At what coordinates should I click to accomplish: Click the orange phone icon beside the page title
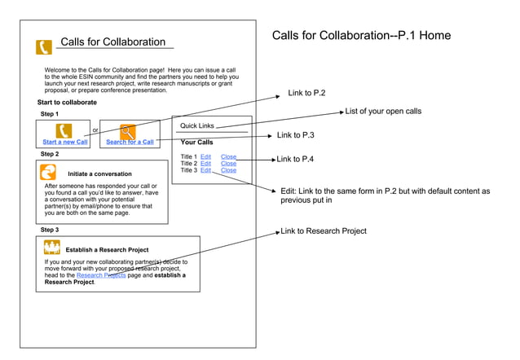(x=44, y=47)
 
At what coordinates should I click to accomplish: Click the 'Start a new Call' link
(x=65, y=143)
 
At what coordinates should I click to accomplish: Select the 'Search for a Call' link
(x=130, y=143)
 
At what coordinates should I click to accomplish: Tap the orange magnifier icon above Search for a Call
(x=128, y=130)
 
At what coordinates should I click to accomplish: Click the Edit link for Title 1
(x=205, y=156)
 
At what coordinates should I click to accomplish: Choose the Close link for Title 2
(x=228, y=164)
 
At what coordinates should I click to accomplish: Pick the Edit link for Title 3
(x=205, y=170)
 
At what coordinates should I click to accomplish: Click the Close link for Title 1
(x=228, y=156)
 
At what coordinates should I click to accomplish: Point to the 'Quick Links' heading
(x=197, y=126)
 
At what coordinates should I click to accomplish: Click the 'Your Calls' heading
(x=196, y=143)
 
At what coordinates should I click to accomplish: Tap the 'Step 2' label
(x=50, y=154)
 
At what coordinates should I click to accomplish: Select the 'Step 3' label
(x=50, y=230)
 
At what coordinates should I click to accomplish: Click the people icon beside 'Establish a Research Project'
(x=52, y=248)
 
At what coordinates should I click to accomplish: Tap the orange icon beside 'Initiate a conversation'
(x=49, y=172)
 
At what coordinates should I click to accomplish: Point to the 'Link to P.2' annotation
(x=306, y=94)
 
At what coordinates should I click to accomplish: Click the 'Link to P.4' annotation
(x=295, y=159)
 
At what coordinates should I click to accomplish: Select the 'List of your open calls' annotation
(x=383, y=112)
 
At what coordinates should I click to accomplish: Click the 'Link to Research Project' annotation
(x=324, y=231)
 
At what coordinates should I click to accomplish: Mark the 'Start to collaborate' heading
(x=67, y=103)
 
